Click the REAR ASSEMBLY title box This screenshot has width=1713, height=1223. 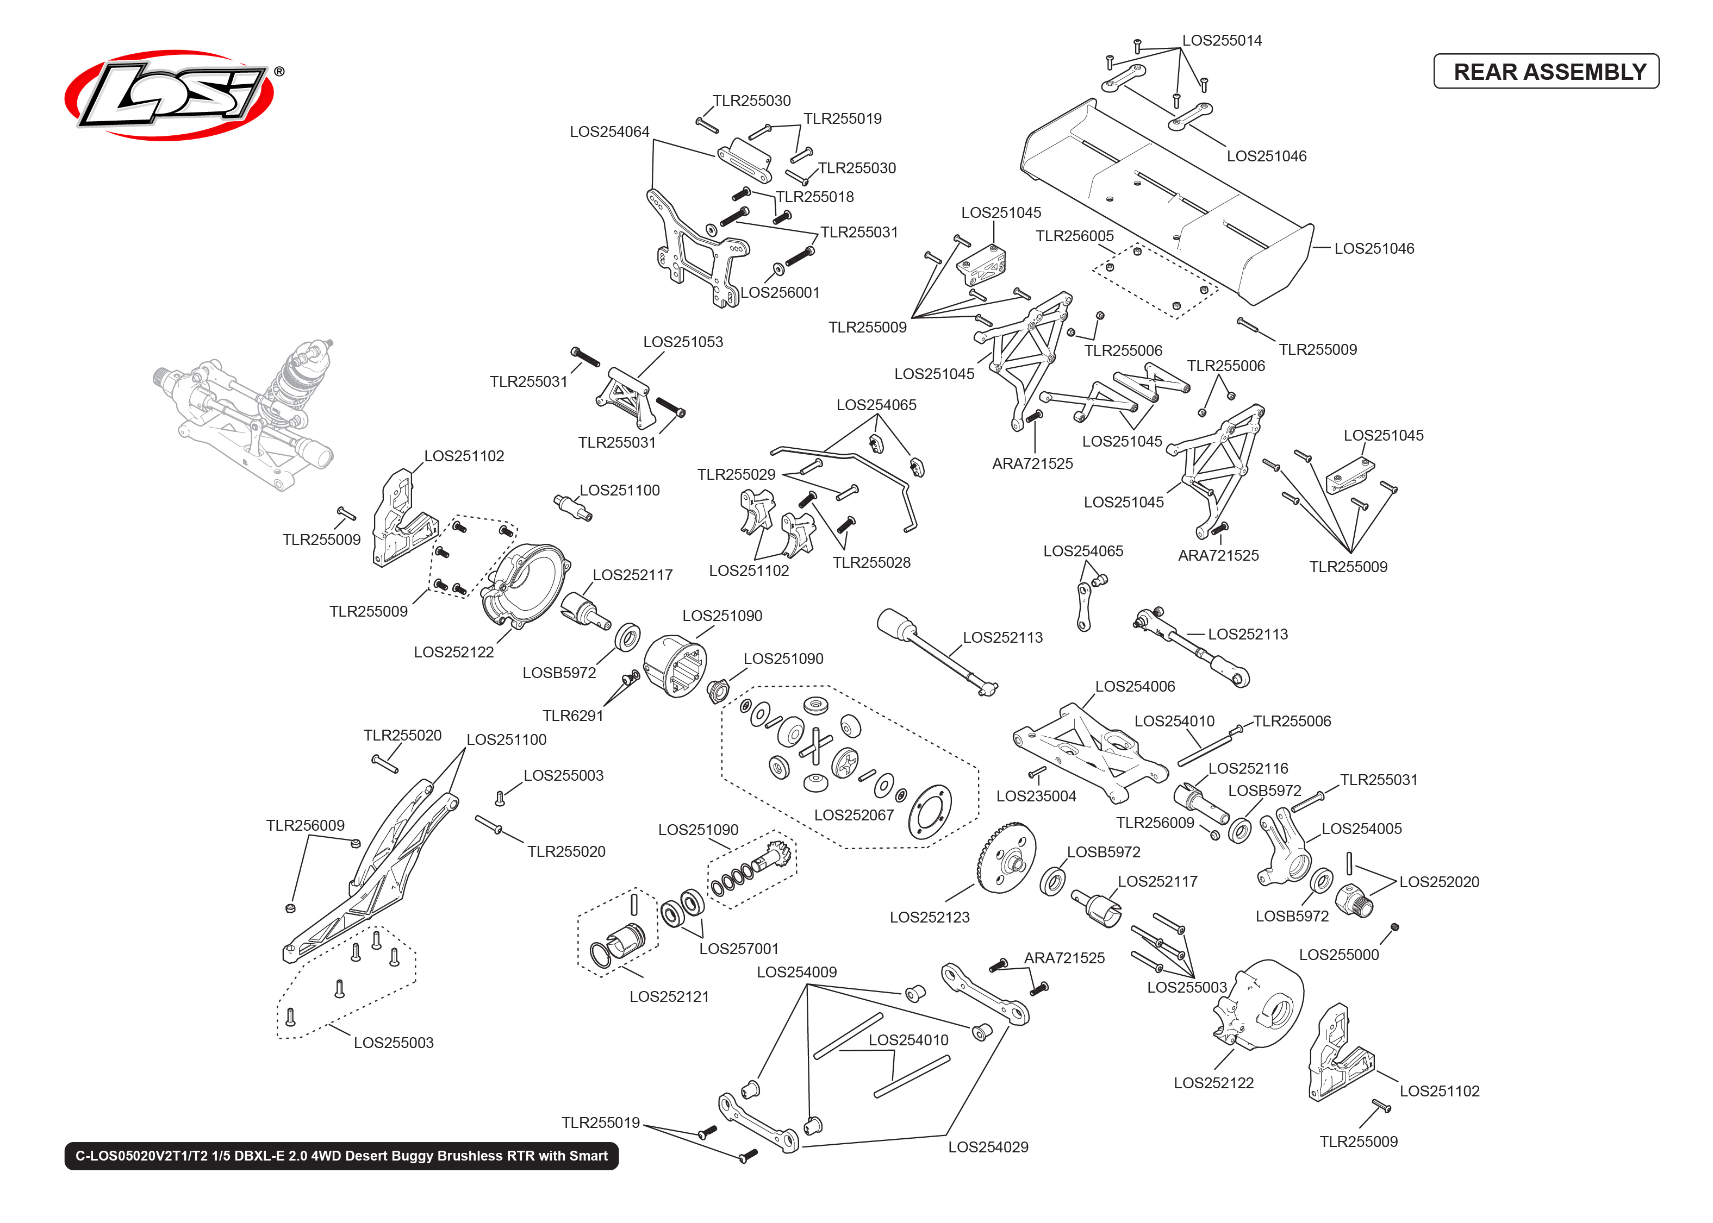click(x=1545, y=72)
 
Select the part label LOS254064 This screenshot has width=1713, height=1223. click(x=609, y=132)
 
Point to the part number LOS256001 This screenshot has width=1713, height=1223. click(x=780, y=293)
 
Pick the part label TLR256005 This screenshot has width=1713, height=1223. click(x=1074, y=236)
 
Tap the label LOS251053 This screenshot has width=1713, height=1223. click(x=682, y=342)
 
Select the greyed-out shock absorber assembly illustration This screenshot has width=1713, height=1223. click(x=248, y=410)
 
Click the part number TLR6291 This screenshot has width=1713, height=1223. click(x=572, y=716)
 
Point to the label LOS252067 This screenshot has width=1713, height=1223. click(x=854, y=816)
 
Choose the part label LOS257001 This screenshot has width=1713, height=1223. click(x=738, y=949)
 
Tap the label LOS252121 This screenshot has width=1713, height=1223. click(x=669, y=997)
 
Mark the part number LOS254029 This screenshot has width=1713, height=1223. click(x=988, y=1147)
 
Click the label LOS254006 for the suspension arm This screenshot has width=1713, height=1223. click(x=1135, y=687)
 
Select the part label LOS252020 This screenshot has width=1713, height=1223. click(x=1439, y=882)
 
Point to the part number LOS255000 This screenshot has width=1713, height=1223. click(x=1338, y=955)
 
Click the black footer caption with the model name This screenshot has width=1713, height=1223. click(x=341, y=1156)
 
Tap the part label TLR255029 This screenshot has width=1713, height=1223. click(x=736, y=474)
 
